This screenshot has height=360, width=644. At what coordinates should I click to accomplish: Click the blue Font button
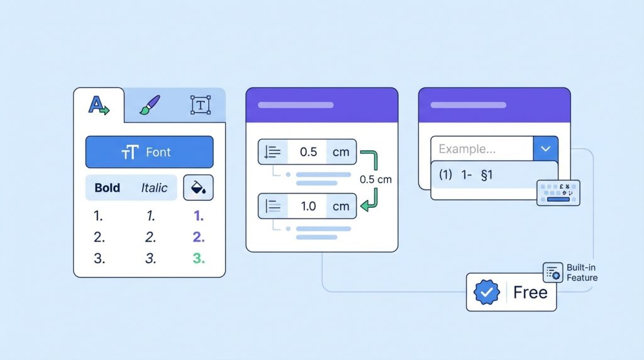(150, 152)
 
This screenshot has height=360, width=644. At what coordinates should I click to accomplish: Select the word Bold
(107, 188)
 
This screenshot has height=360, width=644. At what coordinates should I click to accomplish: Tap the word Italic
(154, 188)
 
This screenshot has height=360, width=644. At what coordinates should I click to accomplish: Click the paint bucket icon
(198, 188)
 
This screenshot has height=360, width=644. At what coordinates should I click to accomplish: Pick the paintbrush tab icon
(150, 105)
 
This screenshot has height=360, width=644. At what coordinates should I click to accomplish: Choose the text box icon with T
(201, 105)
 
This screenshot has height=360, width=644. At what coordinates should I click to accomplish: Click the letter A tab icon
(99, 105)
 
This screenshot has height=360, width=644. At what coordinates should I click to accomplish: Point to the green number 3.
(199, 259)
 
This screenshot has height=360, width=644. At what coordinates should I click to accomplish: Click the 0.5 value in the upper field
(308, 152)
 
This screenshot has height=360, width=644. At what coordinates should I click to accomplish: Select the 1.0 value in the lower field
(308, 206)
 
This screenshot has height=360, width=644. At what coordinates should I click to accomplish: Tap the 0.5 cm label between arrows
(375, 179)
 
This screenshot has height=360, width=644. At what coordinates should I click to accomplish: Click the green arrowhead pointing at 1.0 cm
(365, 205)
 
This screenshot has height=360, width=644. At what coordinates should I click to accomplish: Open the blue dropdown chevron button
(545, 149)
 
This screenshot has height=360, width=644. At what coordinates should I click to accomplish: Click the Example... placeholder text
(467, 149)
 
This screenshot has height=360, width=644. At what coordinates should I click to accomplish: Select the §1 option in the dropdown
(487, 175)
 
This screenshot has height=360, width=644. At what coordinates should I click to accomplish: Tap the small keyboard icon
(558, 193)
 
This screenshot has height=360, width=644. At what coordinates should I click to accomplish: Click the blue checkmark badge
(487, 292)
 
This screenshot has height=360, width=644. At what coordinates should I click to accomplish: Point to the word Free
(530, 293)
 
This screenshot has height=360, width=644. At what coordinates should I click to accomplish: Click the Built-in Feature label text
(582, 273)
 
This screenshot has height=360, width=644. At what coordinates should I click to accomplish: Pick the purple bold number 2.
(199, 237)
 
